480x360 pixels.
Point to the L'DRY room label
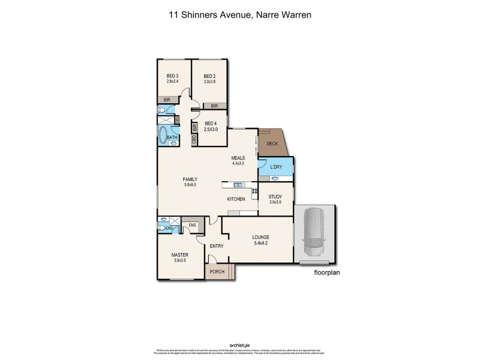click(276, 166)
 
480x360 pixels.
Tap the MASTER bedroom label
click(181, 255)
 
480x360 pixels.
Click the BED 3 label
click(173, 76)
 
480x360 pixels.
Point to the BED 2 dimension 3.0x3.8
click(209, 82)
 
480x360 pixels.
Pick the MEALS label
click(239, 158)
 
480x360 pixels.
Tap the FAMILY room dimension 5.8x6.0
click(190, 185)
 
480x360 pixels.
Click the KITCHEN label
click(235, 199)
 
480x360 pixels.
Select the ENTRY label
click(216, 246)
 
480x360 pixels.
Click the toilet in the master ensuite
click(162, 227)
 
